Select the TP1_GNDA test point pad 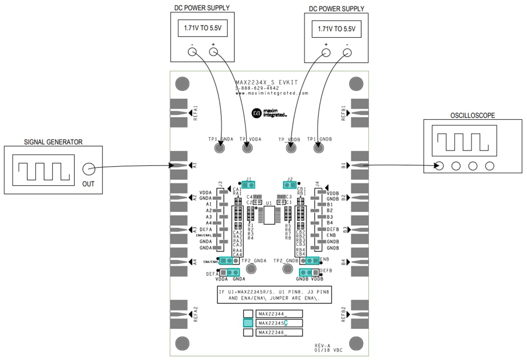click(x=219, y=148)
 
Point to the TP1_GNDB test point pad click(x=319, y=148)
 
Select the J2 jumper click(x=290, y=185)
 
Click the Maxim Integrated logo click(x=269, y=113)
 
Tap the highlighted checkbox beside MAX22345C click(x=248, y=323)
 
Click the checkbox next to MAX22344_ click(x=248, y=314)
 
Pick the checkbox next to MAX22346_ click(x=248, y=332)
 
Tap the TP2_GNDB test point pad click(x=287, y=268)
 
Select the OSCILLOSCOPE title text click(x=472, y=115)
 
